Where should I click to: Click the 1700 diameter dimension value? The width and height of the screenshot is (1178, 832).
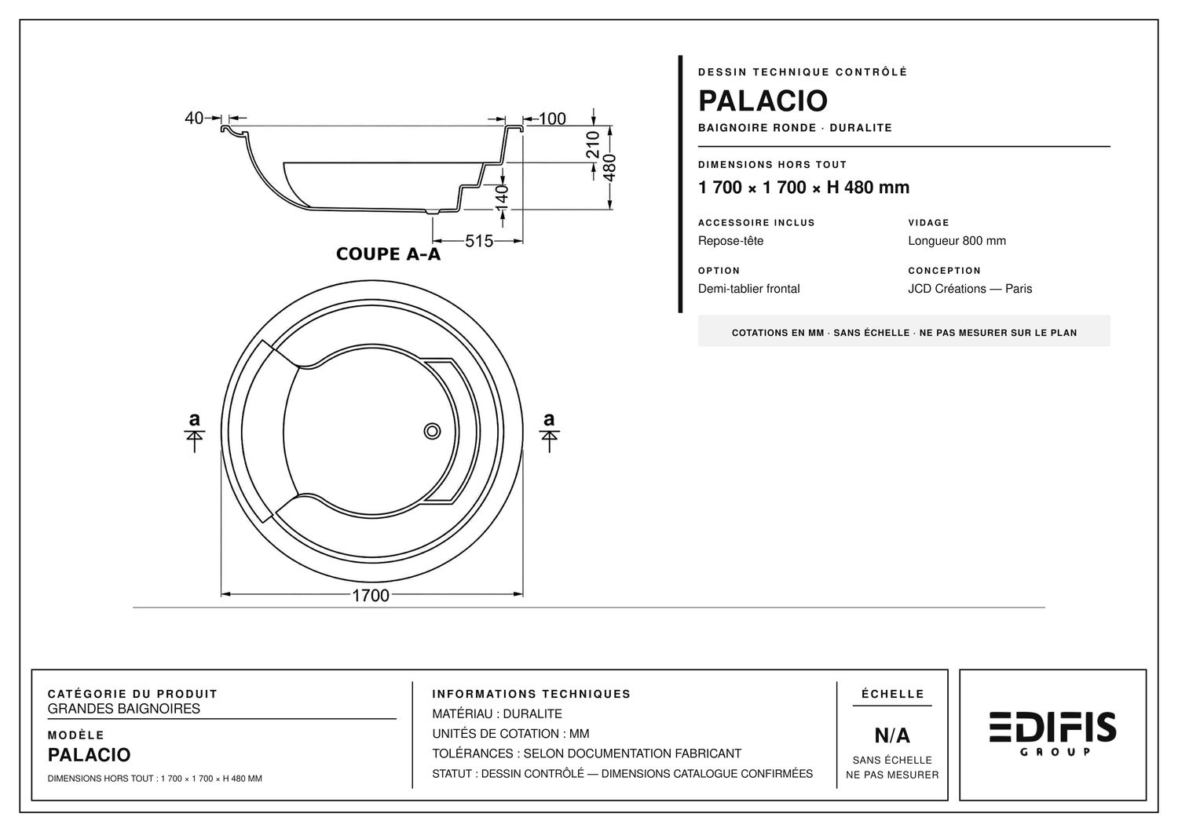(x=370, y=596)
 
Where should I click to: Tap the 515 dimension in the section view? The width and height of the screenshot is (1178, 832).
(x=479, y=241)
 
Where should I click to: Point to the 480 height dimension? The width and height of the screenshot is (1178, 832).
(x=609, y=168)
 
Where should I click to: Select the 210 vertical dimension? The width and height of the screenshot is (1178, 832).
(x=593, y=144)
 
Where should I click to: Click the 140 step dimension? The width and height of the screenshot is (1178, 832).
(x=502, y=199)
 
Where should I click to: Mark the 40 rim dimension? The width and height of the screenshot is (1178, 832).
(x=193, y=119)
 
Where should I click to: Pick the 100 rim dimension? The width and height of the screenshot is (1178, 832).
(x=552, y=119)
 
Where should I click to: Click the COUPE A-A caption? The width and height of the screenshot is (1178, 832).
(x=388, y=254)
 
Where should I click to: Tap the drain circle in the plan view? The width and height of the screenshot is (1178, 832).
(x=432, y=432)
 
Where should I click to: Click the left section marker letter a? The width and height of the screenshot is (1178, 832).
(x=195, y=419)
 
